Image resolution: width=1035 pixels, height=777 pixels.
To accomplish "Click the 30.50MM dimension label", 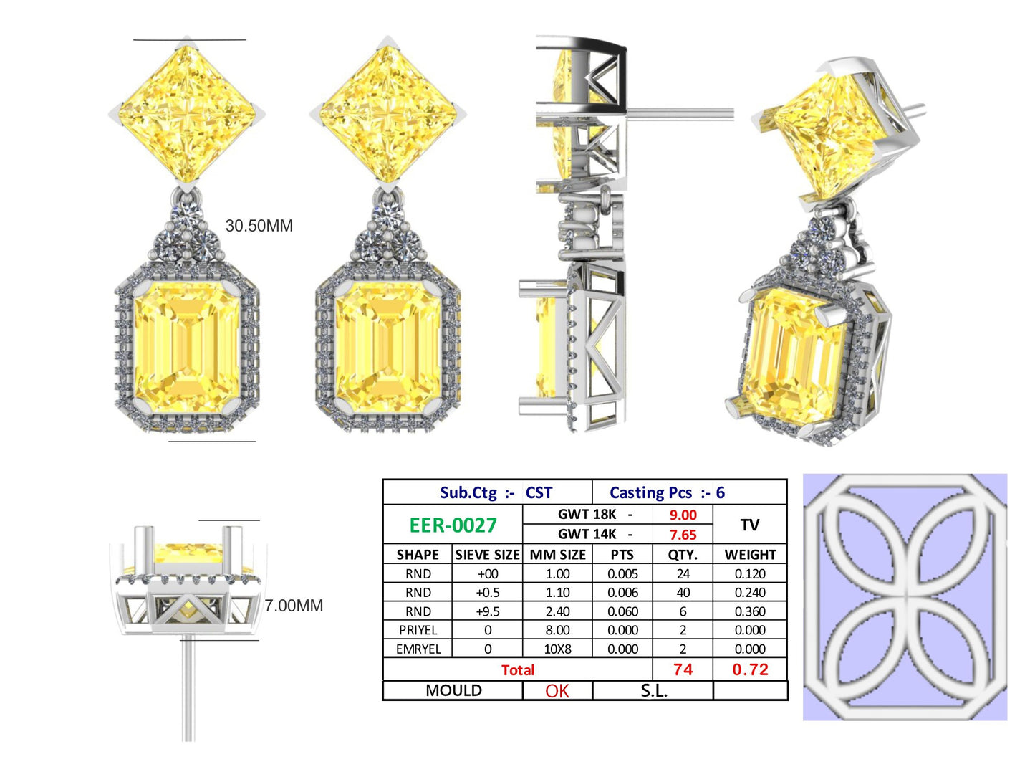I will coord(259,226).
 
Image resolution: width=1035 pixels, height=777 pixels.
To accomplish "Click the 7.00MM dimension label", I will coord(294,606).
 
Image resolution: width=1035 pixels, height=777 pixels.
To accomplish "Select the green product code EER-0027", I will coord(453,525).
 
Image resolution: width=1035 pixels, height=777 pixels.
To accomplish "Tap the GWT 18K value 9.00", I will coord(683,515).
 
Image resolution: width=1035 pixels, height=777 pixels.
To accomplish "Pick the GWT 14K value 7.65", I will coord(683,535).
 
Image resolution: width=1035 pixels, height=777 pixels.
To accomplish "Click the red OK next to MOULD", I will coord(557,691).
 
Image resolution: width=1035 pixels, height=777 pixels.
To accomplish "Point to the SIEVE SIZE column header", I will coord(487,555).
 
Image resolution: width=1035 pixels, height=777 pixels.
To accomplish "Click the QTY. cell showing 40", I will coord(683,593).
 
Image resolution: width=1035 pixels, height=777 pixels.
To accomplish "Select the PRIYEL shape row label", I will coord(418,631).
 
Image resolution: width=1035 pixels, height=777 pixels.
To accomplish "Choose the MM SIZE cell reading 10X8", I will coord(557,649).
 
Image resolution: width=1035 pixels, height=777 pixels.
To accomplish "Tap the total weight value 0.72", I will coord(750,670).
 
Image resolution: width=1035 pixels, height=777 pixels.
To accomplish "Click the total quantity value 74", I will coord(683,670).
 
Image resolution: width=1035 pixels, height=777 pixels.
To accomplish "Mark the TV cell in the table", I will coord(750,525).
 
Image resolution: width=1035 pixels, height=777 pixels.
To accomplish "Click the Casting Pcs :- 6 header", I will coord(667,493).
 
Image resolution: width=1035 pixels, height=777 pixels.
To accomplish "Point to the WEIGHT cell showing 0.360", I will coord(750,612).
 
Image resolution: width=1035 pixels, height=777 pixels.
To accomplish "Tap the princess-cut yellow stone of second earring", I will coord(387,115).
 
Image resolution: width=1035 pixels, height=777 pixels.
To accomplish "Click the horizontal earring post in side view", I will coord(680,113).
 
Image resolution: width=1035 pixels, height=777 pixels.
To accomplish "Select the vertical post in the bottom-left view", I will coord(188,688).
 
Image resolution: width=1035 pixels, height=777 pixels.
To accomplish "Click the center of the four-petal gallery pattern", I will coord(904,596).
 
